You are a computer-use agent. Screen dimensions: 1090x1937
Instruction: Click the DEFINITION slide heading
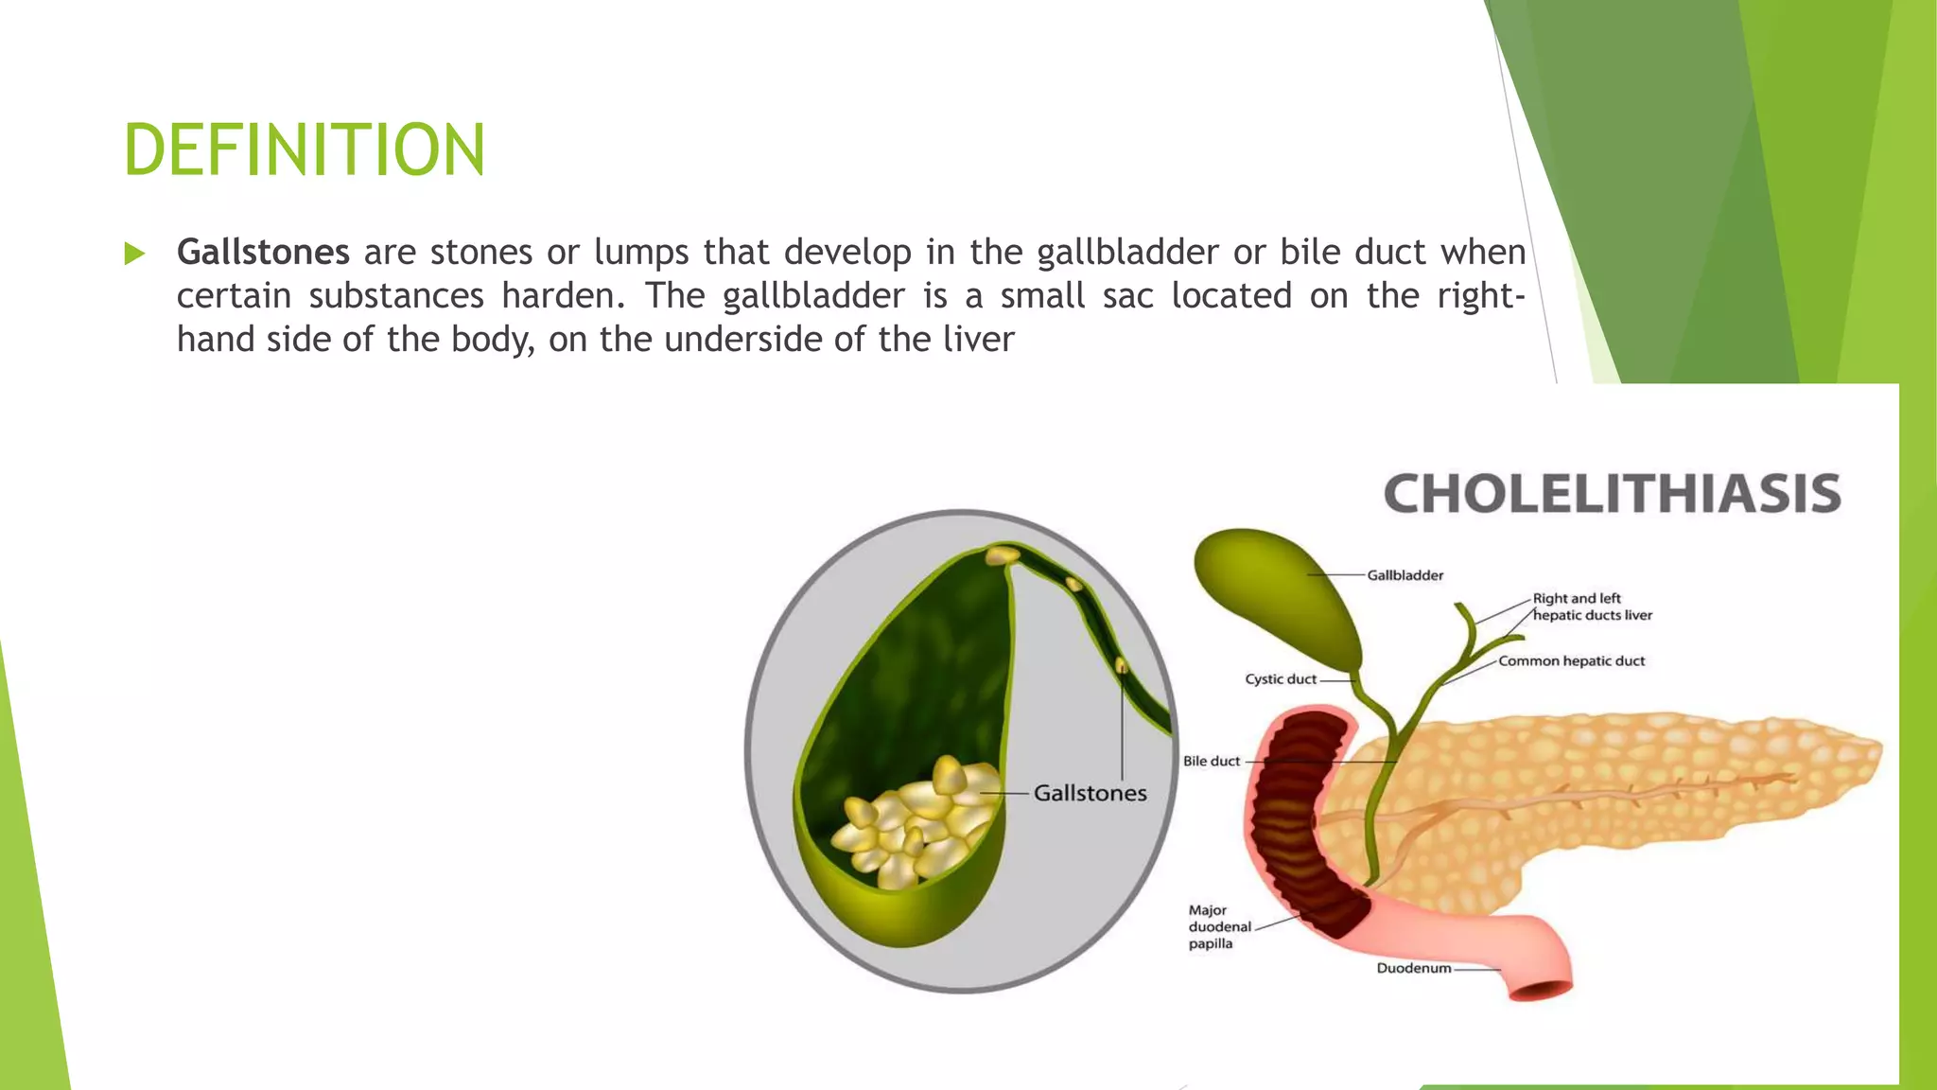coord(304,149)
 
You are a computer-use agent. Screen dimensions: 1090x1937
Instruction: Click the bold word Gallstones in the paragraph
coord(263,252)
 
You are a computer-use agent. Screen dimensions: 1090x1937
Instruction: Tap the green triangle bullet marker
coord(134,254)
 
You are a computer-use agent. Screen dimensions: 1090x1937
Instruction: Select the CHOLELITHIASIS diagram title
coord(1612,494)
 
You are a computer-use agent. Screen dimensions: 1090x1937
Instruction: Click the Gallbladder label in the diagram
coord(1405,575)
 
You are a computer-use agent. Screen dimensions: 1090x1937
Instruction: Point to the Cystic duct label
coord(1280,679)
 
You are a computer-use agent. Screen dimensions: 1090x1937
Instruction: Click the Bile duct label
coord(1211,761)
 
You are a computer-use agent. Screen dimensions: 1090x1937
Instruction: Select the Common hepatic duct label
coord(1571,661)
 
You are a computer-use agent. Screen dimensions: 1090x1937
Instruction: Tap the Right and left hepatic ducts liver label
coord(1591,607)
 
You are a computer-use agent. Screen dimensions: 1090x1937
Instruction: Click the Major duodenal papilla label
coord(1218,926)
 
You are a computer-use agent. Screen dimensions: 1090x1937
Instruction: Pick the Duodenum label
coord(1413,968)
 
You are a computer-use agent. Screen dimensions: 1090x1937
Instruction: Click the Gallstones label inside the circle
coord(1090,793)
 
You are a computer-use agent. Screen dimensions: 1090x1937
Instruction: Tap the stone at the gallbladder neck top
coord(1002,555)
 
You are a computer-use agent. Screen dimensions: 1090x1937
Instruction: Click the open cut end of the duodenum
coord(1541,991)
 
